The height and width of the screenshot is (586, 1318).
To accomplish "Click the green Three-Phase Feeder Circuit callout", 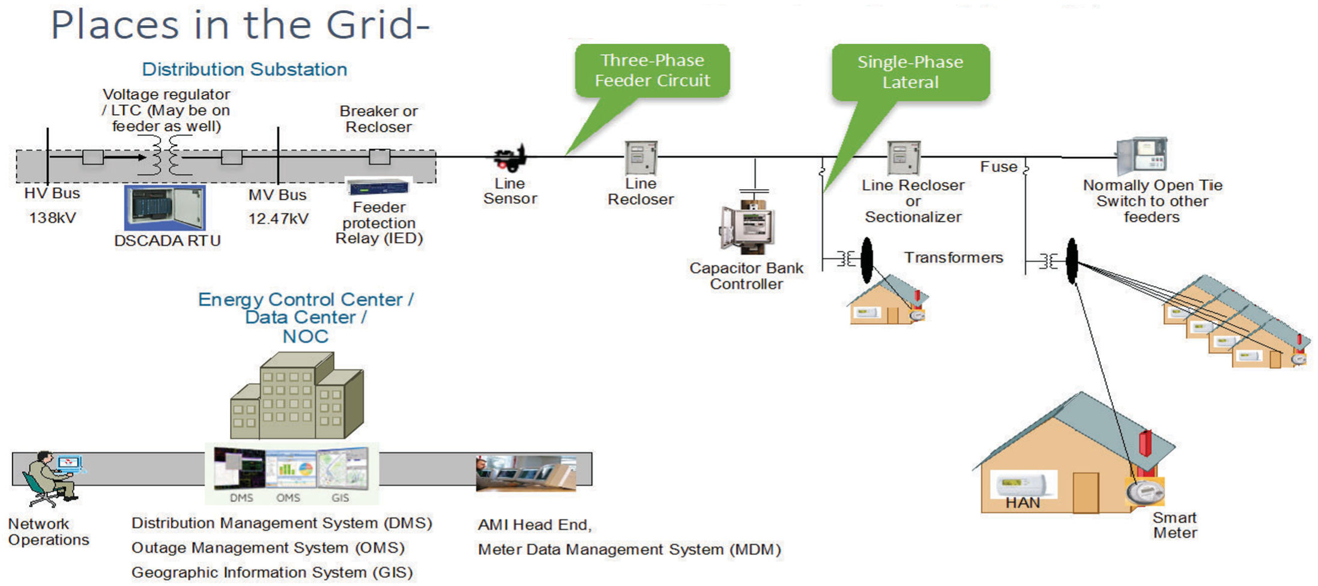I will point(652,70).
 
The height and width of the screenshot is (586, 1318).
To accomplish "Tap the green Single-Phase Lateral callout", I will point(910,72).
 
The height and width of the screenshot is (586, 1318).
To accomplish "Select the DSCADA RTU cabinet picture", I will point(165,208).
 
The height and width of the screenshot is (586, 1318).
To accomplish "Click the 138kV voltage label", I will point(53,218).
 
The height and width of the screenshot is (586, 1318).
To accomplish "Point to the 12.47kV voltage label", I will point(279,219).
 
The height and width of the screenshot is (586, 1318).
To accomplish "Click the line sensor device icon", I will point(510,158).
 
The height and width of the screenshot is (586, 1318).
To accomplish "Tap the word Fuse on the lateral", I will point(999,167).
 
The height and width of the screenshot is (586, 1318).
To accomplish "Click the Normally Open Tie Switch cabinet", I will point(1141,156).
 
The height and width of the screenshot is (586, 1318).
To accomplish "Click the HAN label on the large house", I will point(1023,503).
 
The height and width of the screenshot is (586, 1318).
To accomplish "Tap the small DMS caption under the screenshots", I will point(241,498).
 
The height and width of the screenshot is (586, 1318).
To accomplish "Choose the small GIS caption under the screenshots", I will point(340,498).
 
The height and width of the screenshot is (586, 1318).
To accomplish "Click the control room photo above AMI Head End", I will point(526,473).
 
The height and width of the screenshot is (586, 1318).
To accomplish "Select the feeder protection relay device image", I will point(379,187).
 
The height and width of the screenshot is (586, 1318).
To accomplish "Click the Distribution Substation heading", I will point(244,70).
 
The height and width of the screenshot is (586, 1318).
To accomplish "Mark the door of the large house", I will point(1086,492).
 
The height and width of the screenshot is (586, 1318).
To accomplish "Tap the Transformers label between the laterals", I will point(954,258).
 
